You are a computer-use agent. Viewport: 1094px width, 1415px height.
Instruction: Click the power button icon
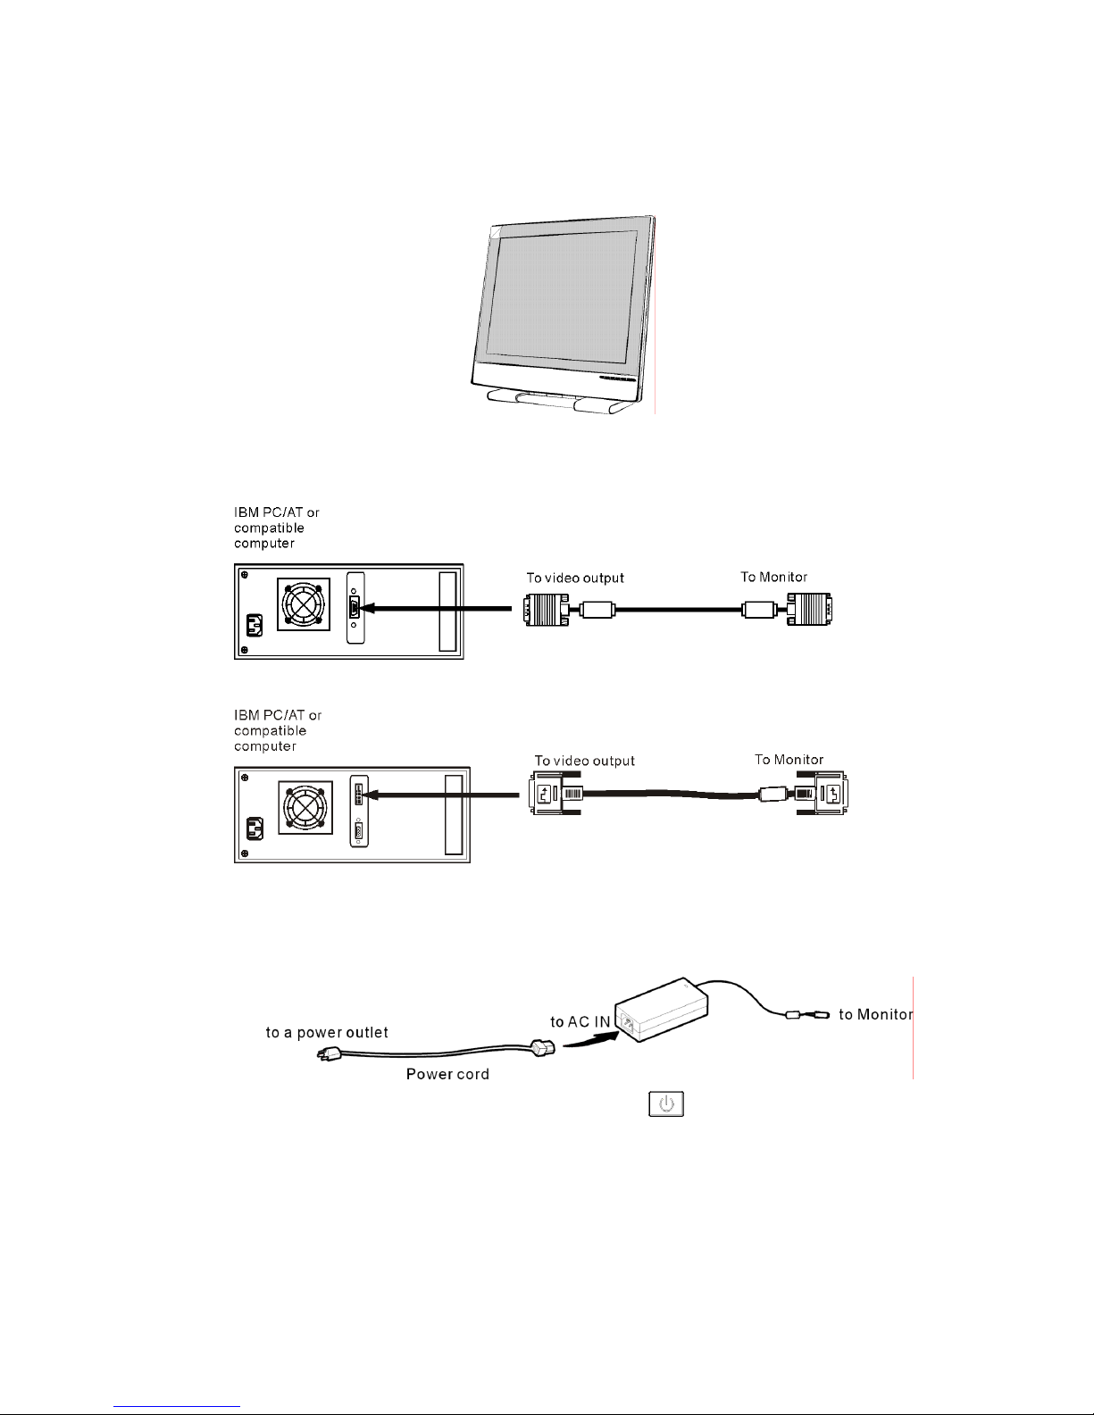click(x=666, y=1103)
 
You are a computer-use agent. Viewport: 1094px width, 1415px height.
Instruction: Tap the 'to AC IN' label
click(x=580, y=1021)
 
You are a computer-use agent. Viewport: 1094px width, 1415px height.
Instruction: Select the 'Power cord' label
click(x=447, y=1074)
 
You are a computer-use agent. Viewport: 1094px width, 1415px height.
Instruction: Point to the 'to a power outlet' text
click(x=327, y=1032)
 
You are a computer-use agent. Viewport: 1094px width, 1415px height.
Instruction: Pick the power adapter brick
click(x=662, y=1009)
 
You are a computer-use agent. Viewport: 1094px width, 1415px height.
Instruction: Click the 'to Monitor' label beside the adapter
click(x=876, y=1014)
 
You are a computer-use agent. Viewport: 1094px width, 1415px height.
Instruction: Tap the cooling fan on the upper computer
click(x=304, y=603)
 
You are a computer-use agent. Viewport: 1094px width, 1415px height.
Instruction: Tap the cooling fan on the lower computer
click(x=305, y=807)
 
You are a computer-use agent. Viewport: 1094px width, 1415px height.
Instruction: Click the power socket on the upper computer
click(x=254, y=626)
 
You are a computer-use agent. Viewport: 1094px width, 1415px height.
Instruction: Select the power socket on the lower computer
click(x=255, y=829)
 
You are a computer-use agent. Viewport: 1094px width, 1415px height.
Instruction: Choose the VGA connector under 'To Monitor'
click(x=809, y=609)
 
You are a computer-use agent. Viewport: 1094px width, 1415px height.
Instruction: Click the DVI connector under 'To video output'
click(x=555, y=793)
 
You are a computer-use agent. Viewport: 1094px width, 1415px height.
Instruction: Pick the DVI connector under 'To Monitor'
click(x=822, y=793)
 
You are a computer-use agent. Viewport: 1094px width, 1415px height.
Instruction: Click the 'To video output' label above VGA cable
click(x=575, y=578)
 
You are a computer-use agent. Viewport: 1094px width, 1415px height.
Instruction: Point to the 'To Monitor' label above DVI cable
click(x=789, y=760)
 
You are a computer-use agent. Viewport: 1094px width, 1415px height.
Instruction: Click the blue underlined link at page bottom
click(x=177, y=1406)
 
